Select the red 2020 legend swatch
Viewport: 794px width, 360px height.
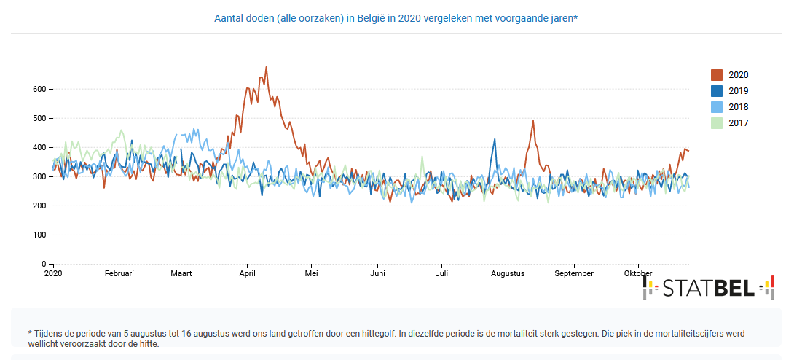pyautogui.click(x=717, y=75)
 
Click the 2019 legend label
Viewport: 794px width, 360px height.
pyautogui.click(x=738, y=91)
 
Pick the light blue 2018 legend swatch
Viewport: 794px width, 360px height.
pyautogui.click(x=717, y=107)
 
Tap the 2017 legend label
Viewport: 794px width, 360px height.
pyautogui.click(x=738, y=123)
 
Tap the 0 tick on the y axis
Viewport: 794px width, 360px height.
pyautogui.click(x=44, y=264)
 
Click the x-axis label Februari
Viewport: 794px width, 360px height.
pyautogui.click(x=119, y=274)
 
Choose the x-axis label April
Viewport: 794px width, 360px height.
pyautogui.click(x=248, y=274)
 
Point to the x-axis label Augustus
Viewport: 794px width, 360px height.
pyautogui.click(x=508, y=274)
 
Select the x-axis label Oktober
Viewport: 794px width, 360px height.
pyautogui.click(x=638, y=274)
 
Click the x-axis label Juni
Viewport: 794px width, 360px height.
pyautogui.click(x=377, y=274)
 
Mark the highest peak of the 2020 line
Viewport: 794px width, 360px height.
pyautogui.click(x=266, y=68)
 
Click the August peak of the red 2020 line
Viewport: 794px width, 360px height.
pyautogui.click(x=533, y=121)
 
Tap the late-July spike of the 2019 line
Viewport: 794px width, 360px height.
pyautogui.click(x=495, y=139)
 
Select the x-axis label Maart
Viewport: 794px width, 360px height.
pyautogui.click(x=181, y=274)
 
